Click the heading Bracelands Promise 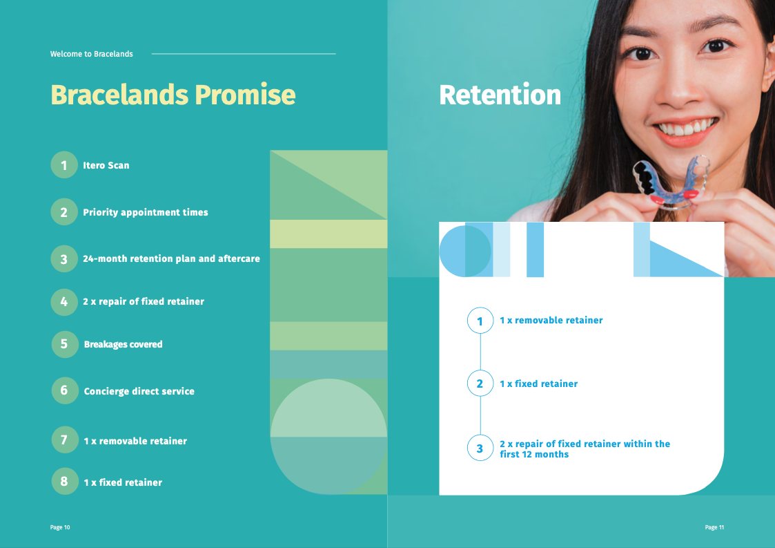coord(173,95)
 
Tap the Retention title coord(500,95)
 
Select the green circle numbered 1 coord(64,165)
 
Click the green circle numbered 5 coord(65,344)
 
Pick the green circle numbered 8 coord(65,481)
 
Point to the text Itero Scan coord(106,165)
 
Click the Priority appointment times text coord(146,212)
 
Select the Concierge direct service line coord(139,391)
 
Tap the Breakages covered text coord(123,345)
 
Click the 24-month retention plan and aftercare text coord(171,258)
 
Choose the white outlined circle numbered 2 coord(480,383)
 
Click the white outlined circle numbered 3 coord(480,448)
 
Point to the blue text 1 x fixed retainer coord(538,384)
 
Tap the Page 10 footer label coord(60,527)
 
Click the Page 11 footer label coord(714,527)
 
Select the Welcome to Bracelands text coord(91,54)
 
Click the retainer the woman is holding coord(672,182)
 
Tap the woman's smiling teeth coord(687,128)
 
